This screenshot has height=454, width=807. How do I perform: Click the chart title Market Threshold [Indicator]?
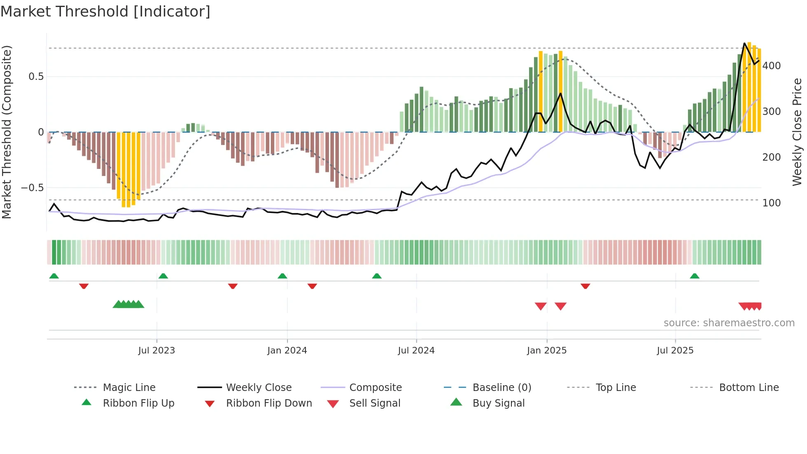tap(105, 12)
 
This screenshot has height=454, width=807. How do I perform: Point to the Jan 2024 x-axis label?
tap(287, 351)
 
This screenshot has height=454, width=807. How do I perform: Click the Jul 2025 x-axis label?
tap(675, 351)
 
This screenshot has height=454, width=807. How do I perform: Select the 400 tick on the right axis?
tap(771, 66)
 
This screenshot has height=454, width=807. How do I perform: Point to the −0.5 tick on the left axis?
tap(32, 188)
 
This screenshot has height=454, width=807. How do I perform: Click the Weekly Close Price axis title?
tap(797, 132)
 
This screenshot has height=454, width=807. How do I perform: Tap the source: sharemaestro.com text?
tap(729, 323)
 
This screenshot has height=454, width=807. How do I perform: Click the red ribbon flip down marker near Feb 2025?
tap(585, 286)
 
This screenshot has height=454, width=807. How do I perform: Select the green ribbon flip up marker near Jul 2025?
tap(695, 276)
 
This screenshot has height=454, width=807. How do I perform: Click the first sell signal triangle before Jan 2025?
tap(541, 306)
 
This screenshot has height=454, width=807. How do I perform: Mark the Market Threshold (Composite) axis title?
tap(7, 132)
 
